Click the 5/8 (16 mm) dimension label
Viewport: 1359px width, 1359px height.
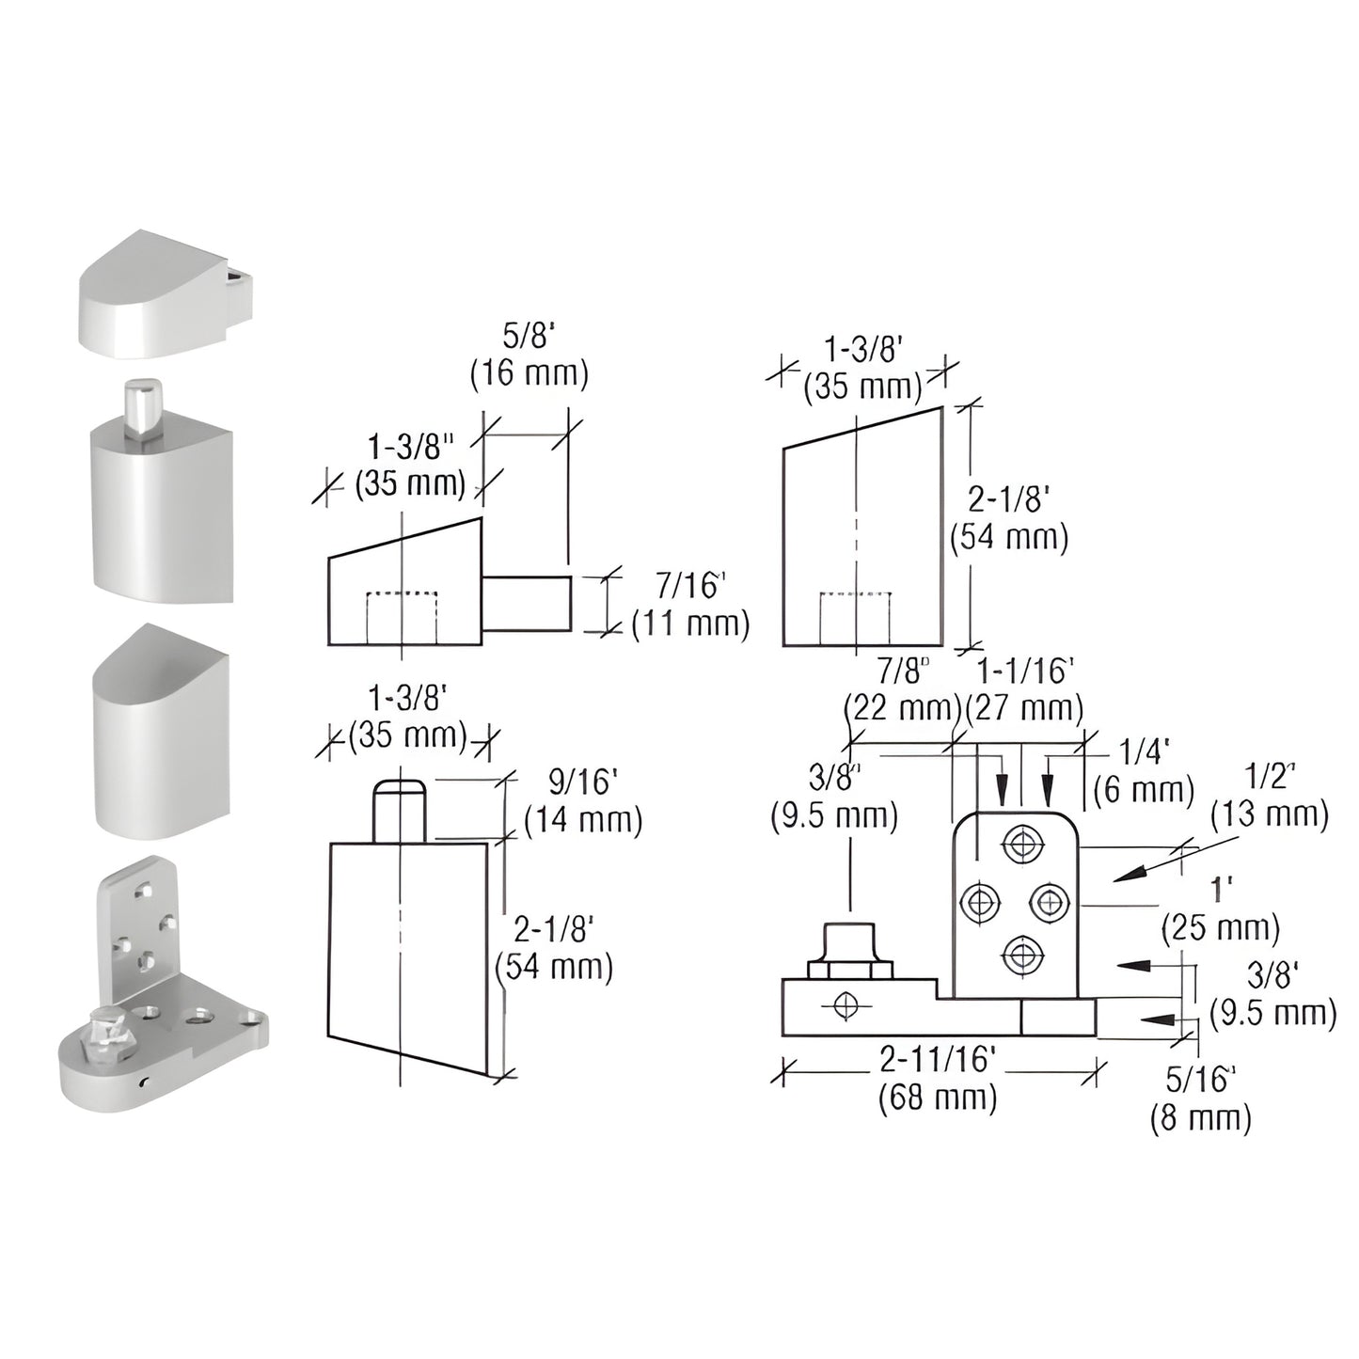(529, 356)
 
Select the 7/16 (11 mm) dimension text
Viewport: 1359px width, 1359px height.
(690, 605)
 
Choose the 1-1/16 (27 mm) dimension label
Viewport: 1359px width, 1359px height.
(1024, 689)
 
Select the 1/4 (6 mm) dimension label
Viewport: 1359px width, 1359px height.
(1145, 769)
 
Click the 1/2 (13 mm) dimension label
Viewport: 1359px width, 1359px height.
(1270, 795)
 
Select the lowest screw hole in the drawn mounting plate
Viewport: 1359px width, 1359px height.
(1019, 956)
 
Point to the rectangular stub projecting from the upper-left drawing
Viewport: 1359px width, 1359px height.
(527, 604)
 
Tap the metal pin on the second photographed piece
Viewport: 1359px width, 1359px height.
(142, 407)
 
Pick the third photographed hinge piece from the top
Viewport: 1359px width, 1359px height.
(160, 734)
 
